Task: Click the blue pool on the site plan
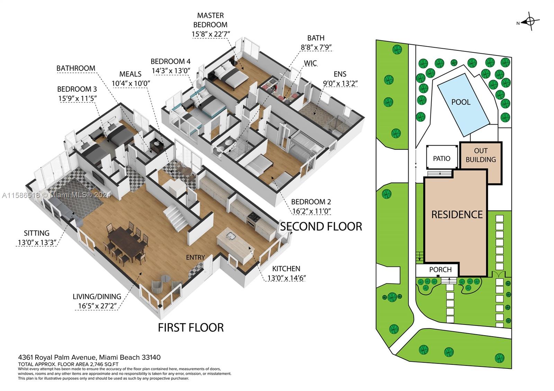pyautogui.click(x=464, y=104)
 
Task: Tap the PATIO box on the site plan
pyautogui.click(x=442, y=157)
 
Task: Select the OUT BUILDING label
pyautogui.click(x=481, y=155)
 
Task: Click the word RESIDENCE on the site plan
pyautogui.click(x=457, y=215)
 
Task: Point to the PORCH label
pyautogui.click(x=440, y=270)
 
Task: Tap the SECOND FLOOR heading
pyautogui.click(x=321, y=226)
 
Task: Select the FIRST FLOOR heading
pyautogui.click(x=191, y=327)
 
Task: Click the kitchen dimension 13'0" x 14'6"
pyautogui.click(x=286, y=278)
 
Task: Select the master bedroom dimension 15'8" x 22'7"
pyautogui.click(x=211, y=34)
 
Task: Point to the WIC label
pyautogui.click(x=310, y=63)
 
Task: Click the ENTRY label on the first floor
pyautogui.click(x=195, y=257)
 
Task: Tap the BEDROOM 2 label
pyautogui.click(x=311, y=202)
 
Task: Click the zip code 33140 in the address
pyautogui.click(x=151, y=357)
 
